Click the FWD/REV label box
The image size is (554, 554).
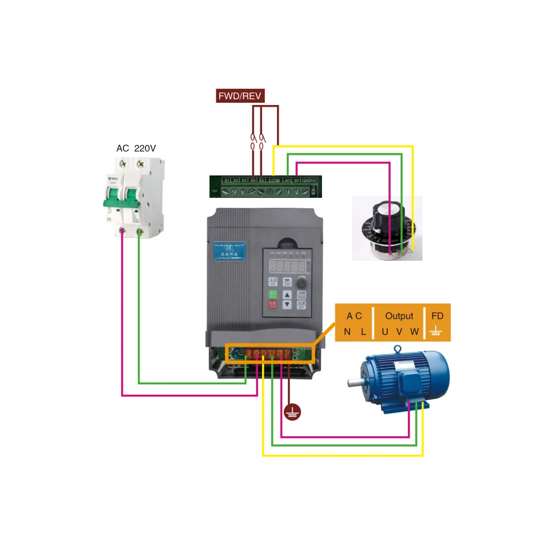(239, 96)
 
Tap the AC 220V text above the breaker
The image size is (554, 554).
(136, 148)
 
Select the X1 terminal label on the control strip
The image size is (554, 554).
(227, 181)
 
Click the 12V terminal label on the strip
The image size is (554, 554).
(305, 181)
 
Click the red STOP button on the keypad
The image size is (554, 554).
(273, 304)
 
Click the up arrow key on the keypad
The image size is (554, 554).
(287, 294)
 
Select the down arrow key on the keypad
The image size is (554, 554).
(287, 305)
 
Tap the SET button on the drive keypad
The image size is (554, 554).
(301, 305)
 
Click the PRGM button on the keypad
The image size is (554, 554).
(301, 295)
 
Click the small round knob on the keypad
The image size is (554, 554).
(302, 283)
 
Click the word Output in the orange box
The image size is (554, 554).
(399, 316)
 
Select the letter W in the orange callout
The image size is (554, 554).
(414, 331)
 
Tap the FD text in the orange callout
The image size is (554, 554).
(437, 316)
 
